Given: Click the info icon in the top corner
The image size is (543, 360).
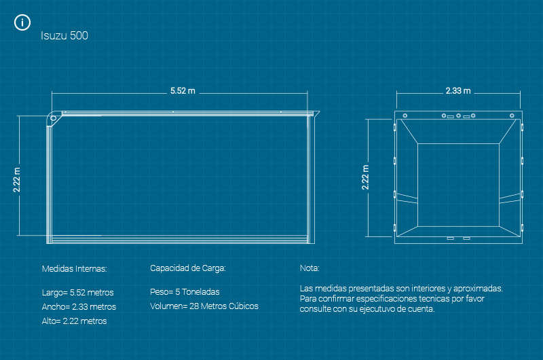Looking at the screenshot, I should pyautogui.click(x=22, y=22).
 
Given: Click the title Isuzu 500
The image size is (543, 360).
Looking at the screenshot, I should pyautogui.click(x=64, y=36).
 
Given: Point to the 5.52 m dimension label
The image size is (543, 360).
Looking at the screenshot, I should pyautogui.click(x=183, y=90).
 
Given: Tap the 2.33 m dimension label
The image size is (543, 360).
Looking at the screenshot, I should pyautogui.click(x=458, y=90).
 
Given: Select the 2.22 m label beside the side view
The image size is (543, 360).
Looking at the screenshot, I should pyautogui.click(x=17, y=180).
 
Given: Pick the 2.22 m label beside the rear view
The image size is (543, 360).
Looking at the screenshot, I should pyautogui.click(x=366, y=177).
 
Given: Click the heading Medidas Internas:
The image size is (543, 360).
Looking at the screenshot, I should pyautogui.click(x=75, y=268).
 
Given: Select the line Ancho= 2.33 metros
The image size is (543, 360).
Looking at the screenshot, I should pyautogui.click(x=79, y=307).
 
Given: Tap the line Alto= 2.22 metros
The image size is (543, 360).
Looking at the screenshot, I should pyautogui.click(x=75, y=321).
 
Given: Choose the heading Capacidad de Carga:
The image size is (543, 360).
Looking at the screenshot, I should pyautogui.click(x=187, y=268).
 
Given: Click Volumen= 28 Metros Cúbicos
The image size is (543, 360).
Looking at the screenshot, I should pyautogui.click(x=204, y=306).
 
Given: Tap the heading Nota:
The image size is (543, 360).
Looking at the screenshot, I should pyautogui.click(x=309, y=268).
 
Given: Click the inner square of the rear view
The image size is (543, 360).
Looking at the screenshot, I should pyautogui.click(x=458, y=185).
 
